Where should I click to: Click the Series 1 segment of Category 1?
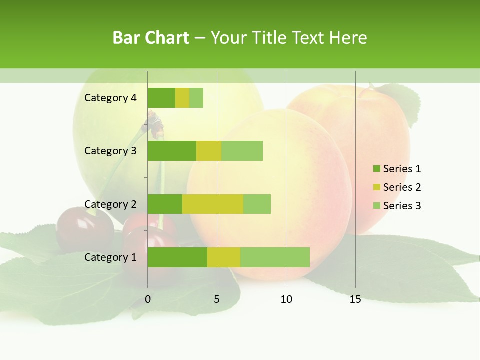pyautogui.click(x=177, y=257)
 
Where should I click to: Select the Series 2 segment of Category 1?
pyautogui.click(x=224, y=257)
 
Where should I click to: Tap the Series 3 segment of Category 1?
pyautogui.click(x=275, y=257)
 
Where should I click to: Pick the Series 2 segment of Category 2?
pyautogui.click(x=213, y=204)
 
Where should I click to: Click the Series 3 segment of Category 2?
pyautogui.click(x=257, y=204)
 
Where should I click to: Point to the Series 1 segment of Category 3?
pyautogui.click(x=172, y=151)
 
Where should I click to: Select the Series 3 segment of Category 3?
pyautogui.click(x=242, y=151)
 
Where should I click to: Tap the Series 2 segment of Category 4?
pyautogui.click(x=182, y=98)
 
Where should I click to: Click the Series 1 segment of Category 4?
pyautogui.click(x=161, y=98)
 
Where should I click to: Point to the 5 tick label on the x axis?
pyautogui.click(x=217, y=299)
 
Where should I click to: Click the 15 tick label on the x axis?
pyautogui.click(x=355, y=299)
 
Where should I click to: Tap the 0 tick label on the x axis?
pyautogui.click(x=148, y=299)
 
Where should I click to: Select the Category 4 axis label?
pyautogui.click(x=110, y=98)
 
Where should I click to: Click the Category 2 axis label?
pyautogui.click(x=110, y=204)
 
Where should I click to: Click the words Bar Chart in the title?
pyautogui.click(x=151, y=38)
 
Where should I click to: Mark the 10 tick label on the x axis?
pyautogui.click(x=286, y=299)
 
